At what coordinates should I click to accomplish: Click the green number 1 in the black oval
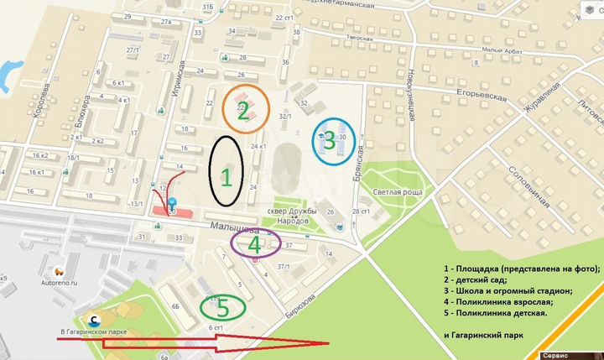226,177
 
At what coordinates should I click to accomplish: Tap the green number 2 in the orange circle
243,114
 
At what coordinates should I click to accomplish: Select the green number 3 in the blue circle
330,138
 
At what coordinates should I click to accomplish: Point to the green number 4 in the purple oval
254,244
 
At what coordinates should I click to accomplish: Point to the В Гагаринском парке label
93,332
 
